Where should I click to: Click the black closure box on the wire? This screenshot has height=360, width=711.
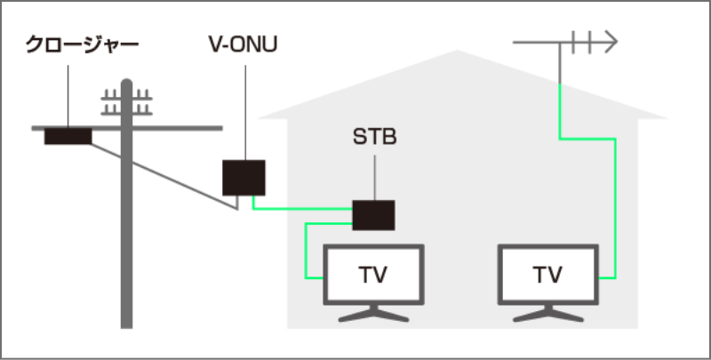[68, 136]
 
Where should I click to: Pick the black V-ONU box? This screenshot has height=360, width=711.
[244, 177]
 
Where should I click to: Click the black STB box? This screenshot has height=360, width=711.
[373, 214]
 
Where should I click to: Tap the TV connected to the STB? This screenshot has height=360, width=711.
[374, 275]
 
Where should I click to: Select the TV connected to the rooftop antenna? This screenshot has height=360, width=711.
[547, 275]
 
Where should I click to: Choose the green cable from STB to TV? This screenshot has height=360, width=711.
[307, 253]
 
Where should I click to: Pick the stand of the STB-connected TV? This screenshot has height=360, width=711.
[374, 314]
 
